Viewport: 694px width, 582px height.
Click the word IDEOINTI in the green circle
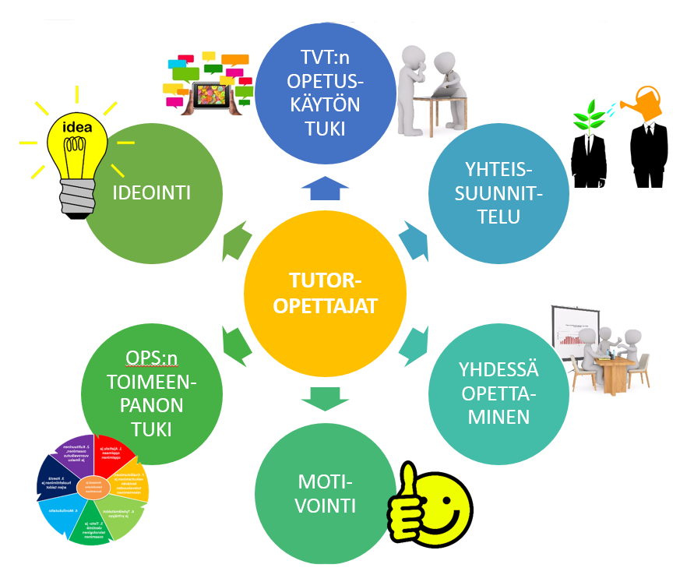[151, 193]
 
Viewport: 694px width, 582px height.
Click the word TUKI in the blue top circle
[325, 128]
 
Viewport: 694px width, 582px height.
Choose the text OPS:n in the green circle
[152, 358]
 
